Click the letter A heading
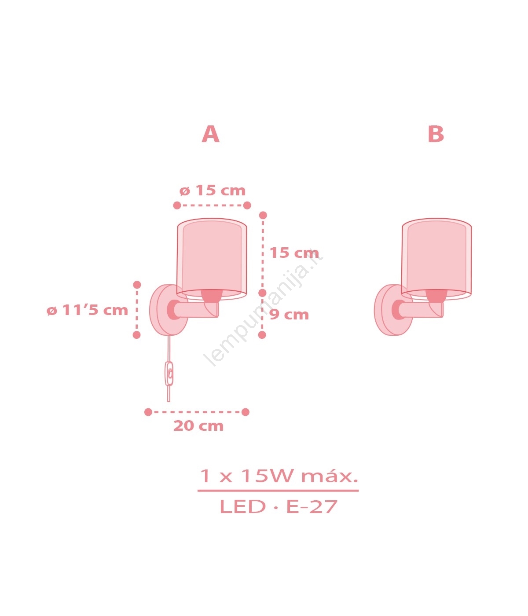click(x=210, y=134)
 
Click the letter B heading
click(x=436, y=134)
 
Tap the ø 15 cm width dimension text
click(x=213, y=191)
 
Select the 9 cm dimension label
click(x=289, y=315)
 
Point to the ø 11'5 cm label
click(x=87, y=310)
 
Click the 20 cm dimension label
click(x=198, y=426)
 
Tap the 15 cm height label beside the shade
click(x=294, y=253)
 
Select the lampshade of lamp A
click(x=212, y=259)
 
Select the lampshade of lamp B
click(x=436, y=259)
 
